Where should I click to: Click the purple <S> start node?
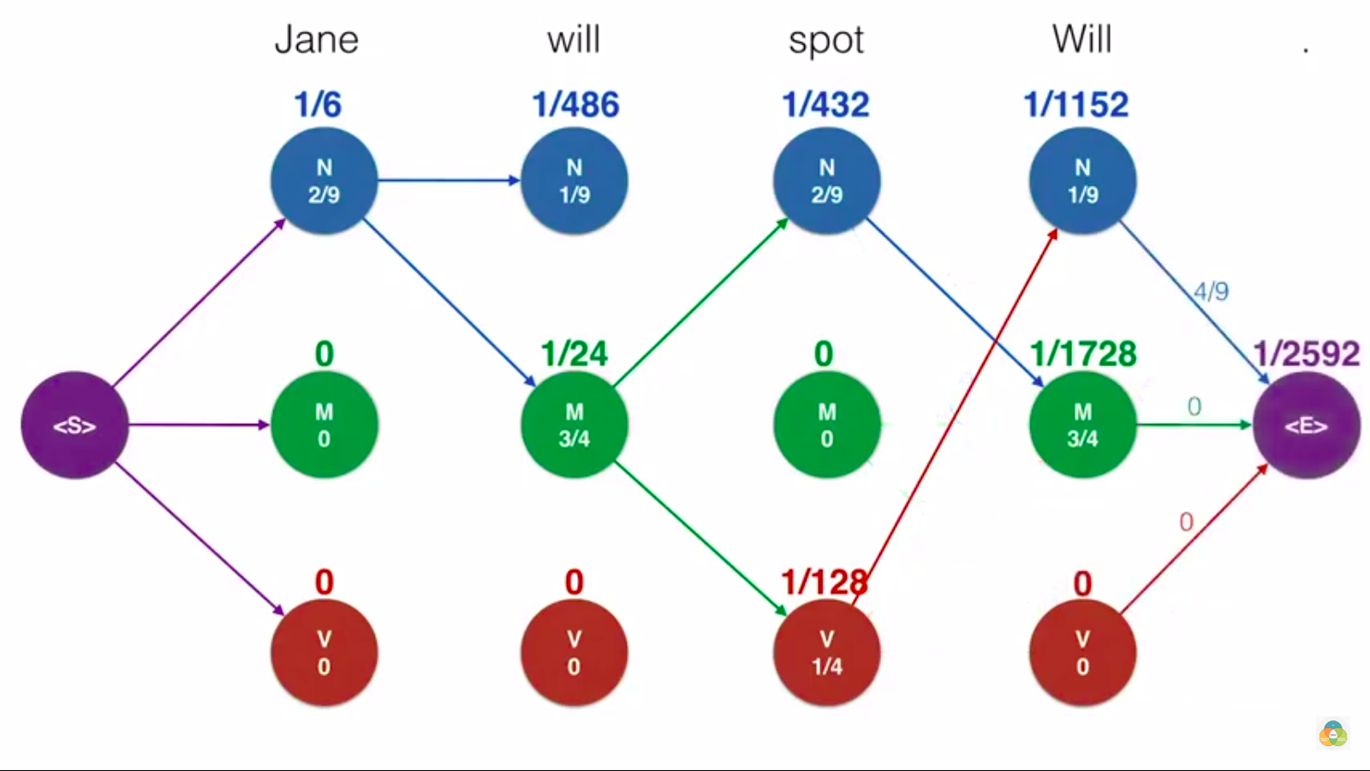pos(74,425)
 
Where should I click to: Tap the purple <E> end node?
pos(1306,425)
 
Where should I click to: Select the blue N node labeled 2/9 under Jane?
pos(324,181)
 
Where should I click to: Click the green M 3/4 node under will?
pos(574,425)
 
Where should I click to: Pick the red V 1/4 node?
pos(826,653)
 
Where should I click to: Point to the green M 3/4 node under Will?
pos(1082,425)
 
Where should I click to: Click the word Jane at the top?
pos(316,39)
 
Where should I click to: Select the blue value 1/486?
pos(575,105)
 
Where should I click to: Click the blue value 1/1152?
pos(1076,105)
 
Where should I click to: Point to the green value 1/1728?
pos(1083,354)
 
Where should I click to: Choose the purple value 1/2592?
pos(1306,354)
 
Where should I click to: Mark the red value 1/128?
pos(824,583)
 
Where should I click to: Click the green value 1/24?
pos(574,354)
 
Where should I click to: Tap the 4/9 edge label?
pos(1211,291)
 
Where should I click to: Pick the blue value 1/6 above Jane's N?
pos(318,105)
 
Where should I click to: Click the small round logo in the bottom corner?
pos(1332,733)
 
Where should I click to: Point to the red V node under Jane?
pos(324,653)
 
